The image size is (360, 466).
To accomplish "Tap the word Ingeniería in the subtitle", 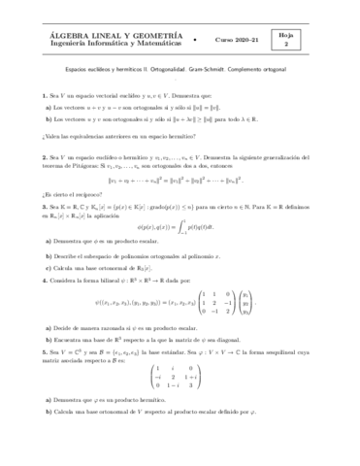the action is [54, 42].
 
